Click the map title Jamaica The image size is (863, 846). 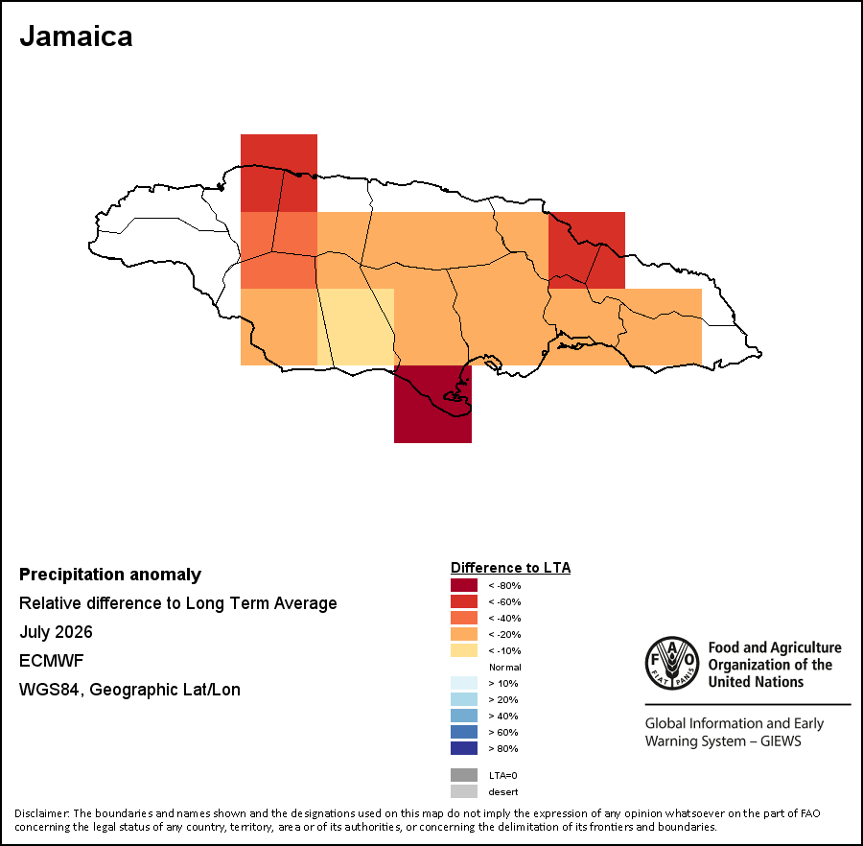76,36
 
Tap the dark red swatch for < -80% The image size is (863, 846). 464,585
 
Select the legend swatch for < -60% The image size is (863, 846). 464,601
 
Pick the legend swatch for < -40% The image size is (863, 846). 464,618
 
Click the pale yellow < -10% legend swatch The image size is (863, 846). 464,650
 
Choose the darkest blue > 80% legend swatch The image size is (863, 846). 464,748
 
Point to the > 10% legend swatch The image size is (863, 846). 464,683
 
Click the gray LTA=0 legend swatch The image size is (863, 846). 464,775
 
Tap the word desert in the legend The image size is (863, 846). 503,792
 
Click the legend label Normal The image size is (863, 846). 504,668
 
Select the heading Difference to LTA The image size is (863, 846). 510,568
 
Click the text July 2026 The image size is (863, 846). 56,632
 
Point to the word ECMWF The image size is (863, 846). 51,661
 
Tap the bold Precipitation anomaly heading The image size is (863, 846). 110,575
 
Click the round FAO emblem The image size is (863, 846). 672,663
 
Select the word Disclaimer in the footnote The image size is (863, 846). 41,813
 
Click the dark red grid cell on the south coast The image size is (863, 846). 432,404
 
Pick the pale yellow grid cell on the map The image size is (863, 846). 356,327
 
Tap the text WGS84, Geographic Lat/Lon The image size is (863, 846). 129,690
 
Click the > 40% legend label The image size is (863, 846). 503,717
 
